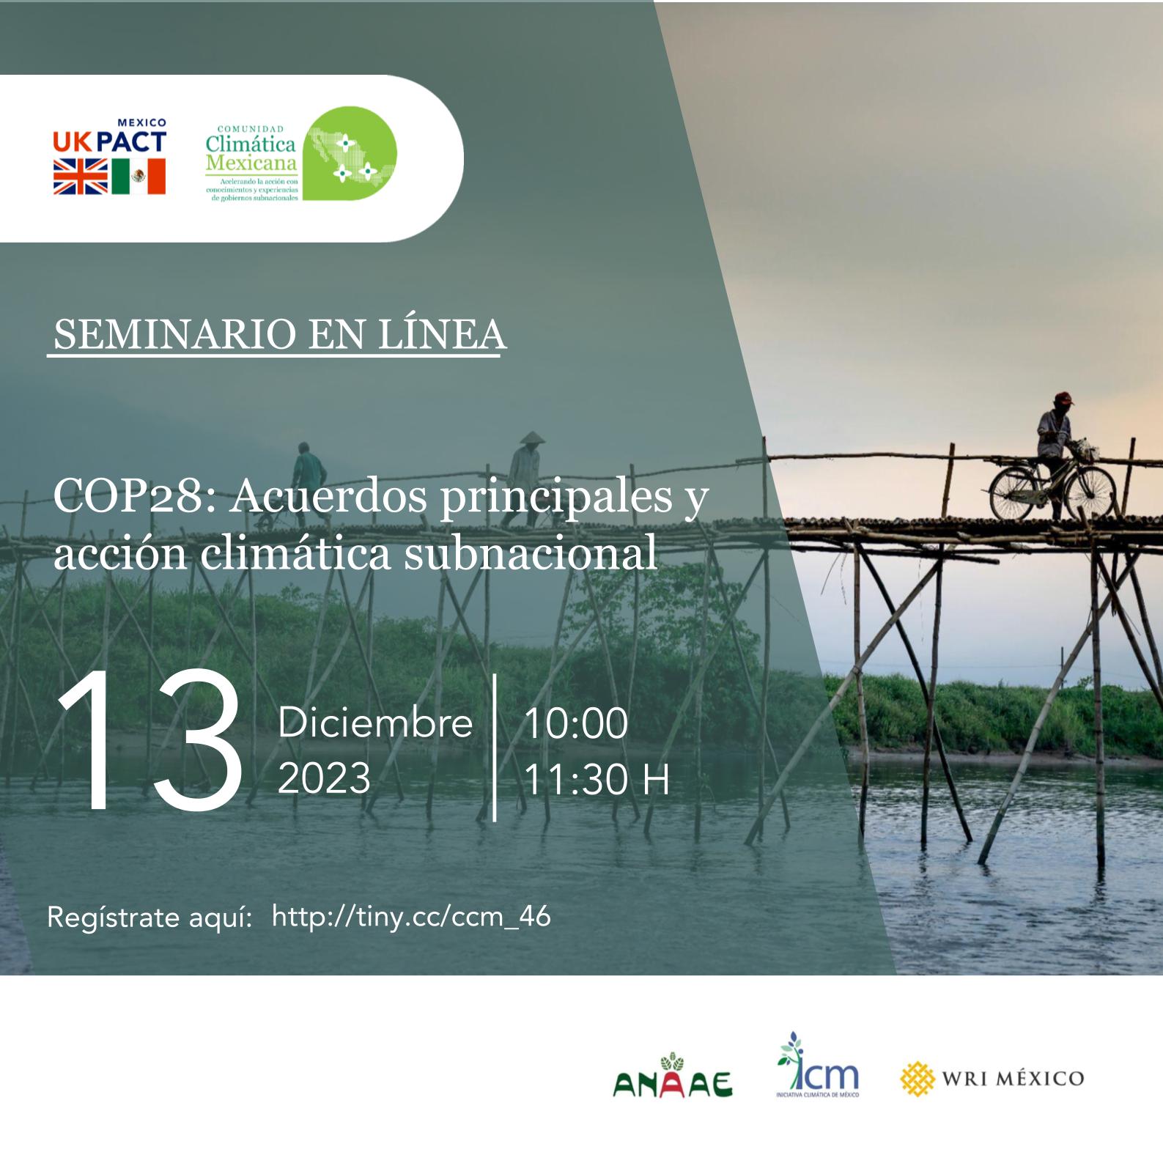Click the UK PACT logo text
[109, 141]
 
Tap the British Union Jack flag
[80, 177]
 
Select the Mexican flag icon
[139, 177]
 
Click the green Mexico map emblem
[350, 153]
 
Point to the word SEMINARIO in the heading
[174, 334]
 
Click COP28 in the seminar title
[127, 496]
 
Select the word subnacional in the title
[531, 553]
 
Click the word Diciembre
[374, 723]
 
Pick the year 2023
[324, 778]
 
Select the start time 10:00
[576, 723]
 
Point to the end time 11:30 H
[597, 779]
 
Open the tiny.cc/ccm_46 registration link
[410, 917]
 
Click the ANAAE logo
[672, 1079]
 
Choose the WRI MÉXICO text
[1012, 1079]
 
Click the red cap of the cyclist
[1063, 398]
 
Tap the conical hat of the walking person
[532, 438]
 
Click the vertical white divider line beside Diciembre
[495, 747]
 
